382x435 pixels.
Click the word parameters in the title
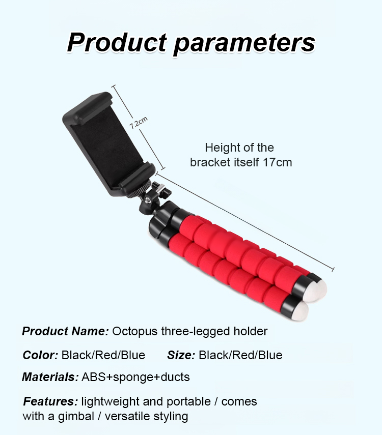click(x=244, y=44)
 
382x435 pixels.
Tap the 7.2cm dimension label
click(x=139, y=123)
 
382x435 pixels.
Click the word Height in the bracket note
click(x=221, y=148)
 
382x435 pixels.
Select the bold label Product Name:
click(x=65, y=331)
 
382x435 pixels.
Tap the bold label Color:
click(x=40, y=355)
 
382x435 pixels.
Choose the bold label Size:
click(x=181, y=355)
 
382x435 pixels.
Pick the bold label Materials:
click(x=50, y=377)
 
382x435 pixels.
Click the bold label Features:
click(x=50, y=401)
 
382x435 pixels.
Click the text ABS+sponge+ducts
click(x=135, y=378)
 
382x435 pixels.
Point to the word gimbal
click(x=76, y=416)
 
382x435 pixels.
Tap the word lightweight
click(x=111, y=402)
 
